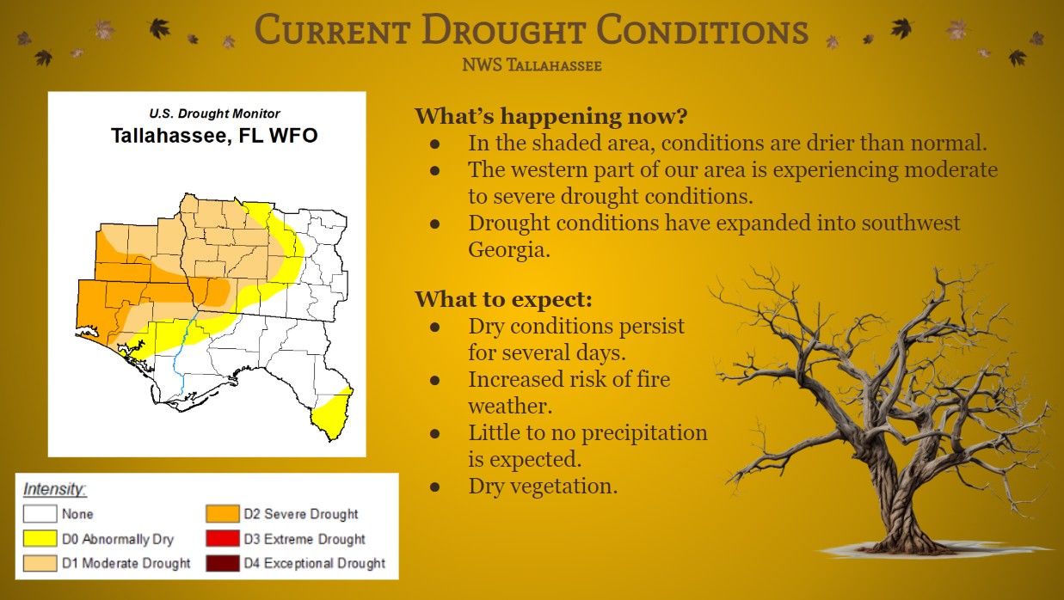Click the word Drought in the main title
click(x=503, y=30)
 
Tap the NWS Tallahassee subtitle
click(x=532, y=65)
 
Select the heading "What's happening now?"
click(x=551, y=116)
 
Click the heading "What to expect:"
click(x=503, y=299)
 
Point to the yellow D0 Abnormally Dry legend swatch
click(x=40, y=538)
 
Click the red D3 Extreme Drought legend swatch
click(x=223, y=538)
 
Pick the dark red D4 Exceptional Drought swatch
click(x=223, y=563)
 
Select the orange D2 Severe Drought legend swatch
click(x=223, y=513)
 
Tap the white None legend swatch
click(x=40, y=513)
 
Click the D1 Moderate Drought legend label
click(x=126, y=563)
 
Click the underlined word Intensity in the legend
click(x=54, y=489)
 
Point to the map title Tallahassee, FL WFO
click(x=214, y=136)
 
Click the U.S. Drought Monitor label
click(x=214, y=113)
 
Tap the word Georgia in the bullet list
click(x=509, y=249)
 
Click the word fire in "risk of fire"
click(x=654, y=379)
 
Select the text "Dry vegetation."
click(x=543, y=486)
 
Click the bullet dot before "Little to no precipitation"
click(x=434, y=433)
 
